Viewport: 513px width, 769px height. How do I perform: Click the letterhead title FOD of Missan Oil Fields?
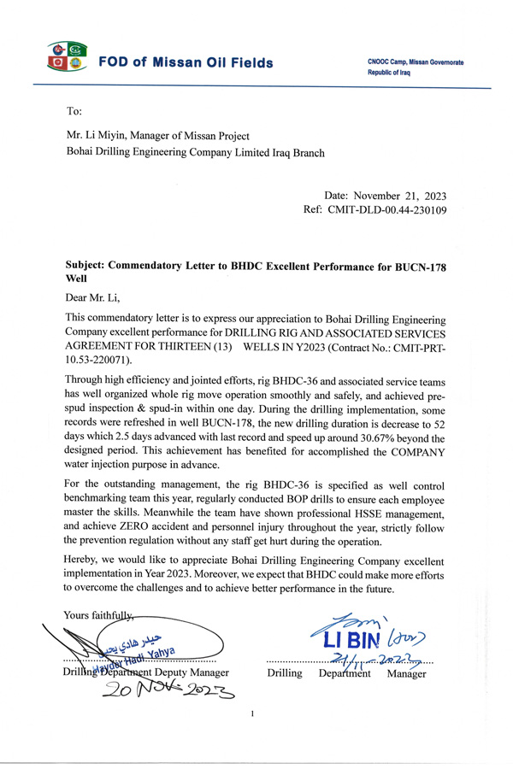(186, 63)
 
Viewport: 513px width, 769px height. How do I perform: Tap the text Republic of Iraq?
(396, 70)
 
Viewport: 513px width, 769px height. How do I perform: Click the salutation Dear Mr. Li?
(93, 297)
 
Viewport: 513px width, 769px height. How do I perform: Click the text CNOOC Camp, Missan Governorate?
(416, 62)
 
